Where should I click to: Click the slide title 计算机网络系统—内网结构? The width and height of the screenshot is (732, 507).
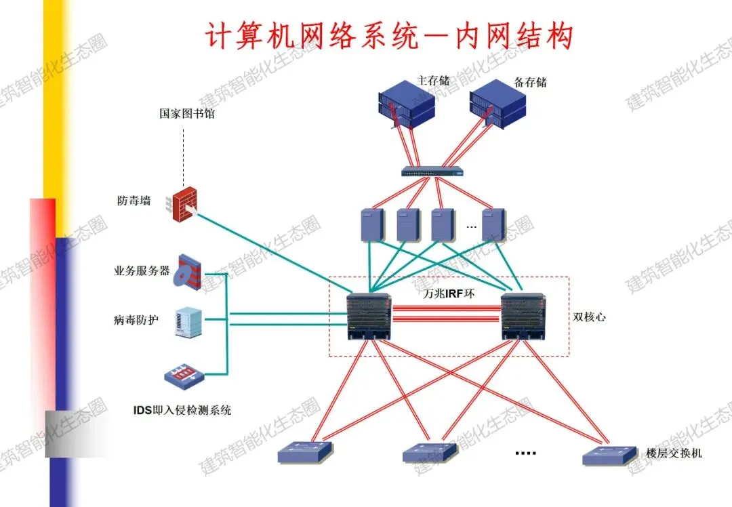click(390, 36)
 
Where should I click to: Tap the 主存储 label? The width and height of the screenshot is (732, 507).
click(433, 81)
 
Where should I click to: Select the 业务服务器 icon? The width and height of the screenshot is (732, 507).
click(188, 272)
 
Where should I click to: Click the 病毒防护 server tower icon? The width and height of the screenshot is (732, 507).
click(188, 322)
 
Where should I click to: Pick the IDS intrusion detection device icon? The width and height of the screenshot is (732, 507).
click(184, 377)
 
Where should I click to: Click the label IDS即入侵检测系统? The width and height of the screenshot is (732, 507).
click(182, 410)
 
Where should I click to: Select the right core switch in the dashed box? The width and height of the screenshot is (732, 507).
click(524, 317)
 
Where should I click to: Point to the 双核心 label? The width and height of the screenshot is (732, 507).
click(589, 317)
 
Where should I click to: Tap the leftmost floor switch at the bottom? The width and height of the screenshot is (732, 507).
click(306, 452)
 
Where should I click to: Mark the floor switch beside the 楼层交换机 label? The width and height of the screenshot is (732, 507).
click(610, 455)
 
